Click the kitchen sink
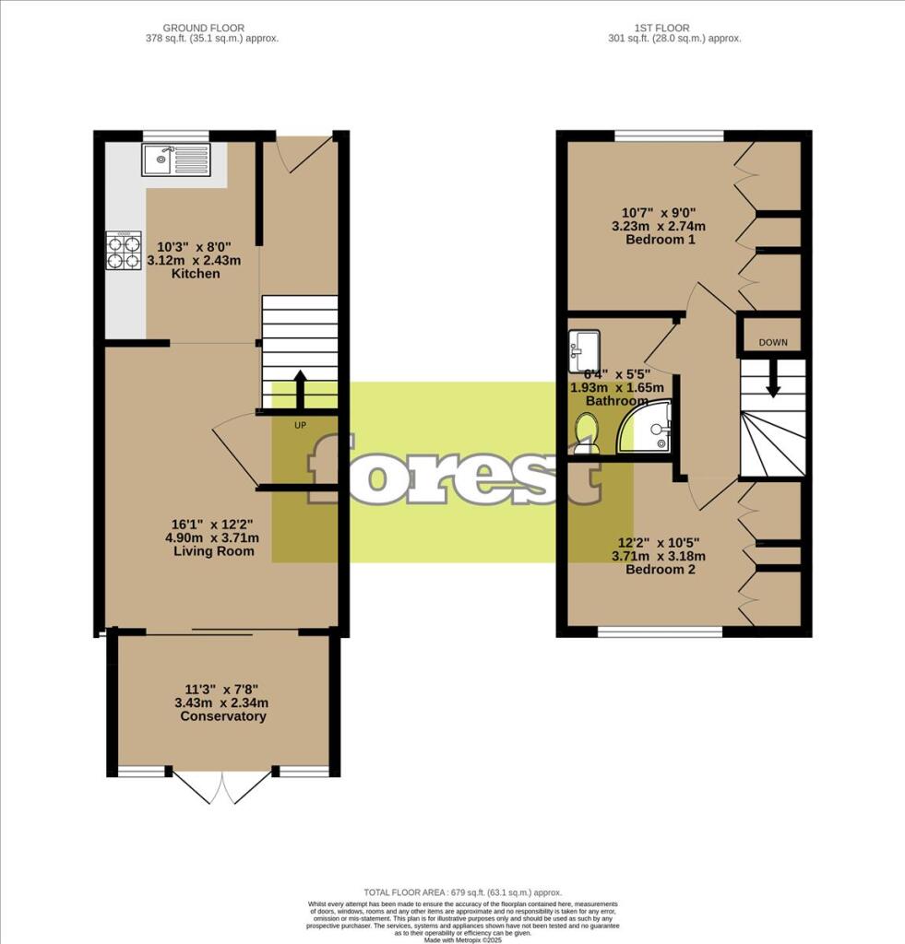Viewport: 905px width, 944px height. point(175,159)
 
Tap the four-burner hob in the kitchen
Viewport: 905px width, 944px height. point(124,251)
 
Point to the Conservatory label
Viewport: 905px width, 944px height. point(223,716)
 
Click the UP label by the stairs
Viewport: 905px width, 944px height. point(300,426)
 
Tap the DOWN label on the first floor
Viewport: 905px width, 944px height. point(773,342)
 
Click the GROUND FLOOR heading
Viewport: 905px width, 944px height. point(204,29)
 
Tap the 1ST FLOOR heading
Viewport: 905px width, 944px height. point(661,29)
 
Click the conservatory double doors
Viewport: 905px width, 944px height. point(222,785)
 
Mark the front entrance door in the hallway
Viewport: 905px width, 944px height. point(304,153)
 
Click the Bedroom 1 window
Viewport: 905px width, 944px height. point(669,136)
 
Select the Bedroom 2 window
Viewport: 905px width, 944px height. point(660,632)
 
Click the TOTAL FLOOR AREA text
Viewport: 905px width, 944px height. point(449,892)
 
